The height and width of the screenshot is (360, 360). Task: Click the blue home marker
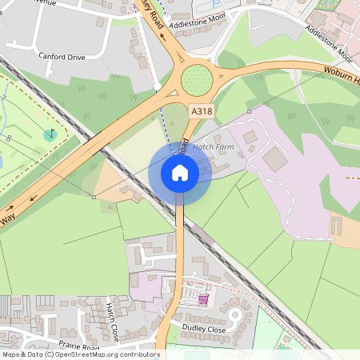pos(180,172)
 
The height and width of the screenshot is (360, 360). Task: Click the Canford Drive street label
pos(61,57)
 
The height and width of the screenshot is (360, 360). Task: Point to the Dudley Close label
pos(206,329)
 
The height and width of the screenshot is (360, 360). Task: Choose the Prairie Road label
pos(79,347)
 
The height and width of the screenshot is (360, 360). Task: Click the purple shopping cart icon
pos(204,299)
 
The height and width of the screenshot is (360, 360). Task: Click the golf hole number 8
pos(9,138)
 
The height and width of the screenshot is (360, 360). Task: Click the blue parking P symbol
pos(214,5)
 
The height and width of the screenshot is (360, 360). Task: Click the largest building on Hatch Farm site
pos(274,159)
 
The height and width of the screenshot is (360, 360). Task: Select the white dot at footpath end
pos(158,86)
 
